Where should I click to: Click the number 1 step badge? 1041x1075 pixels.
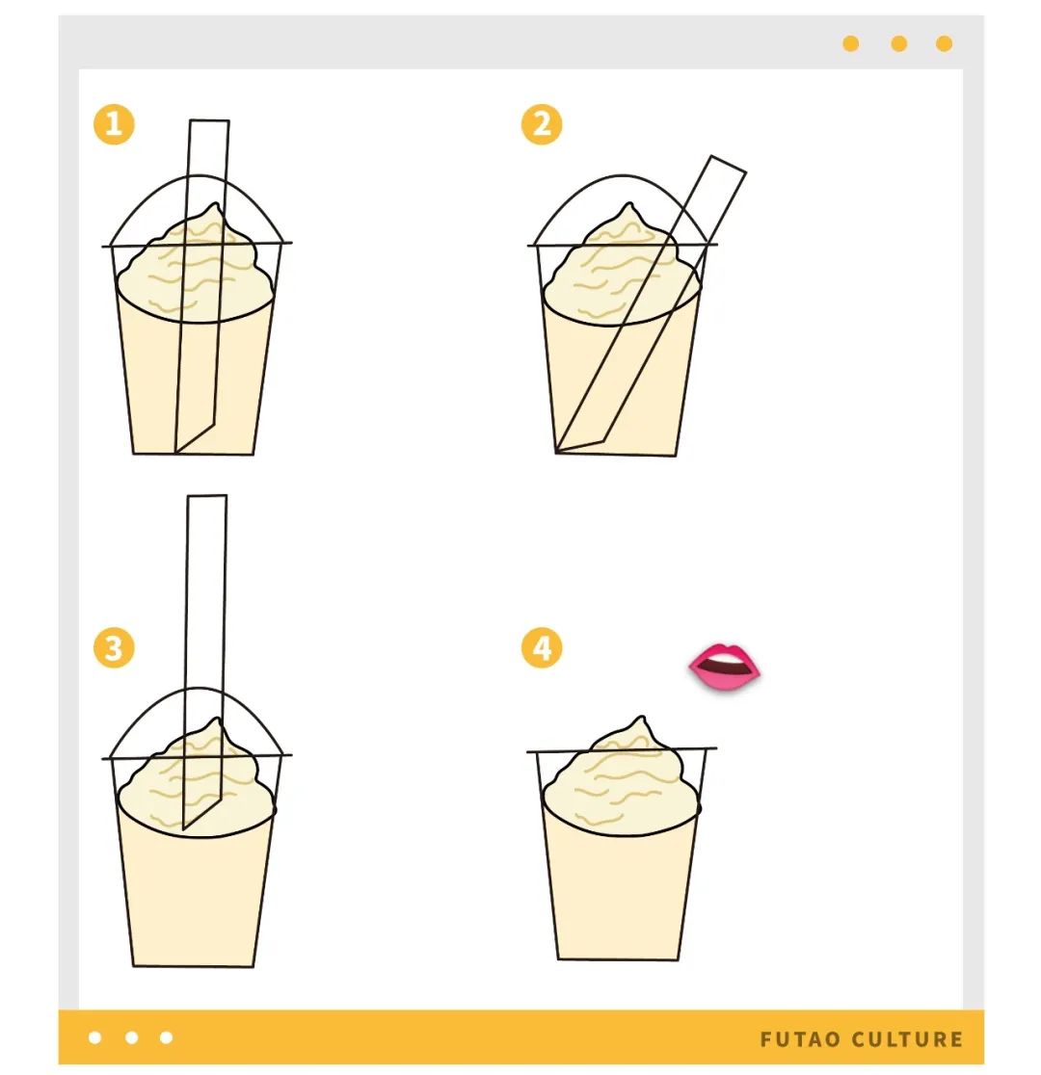[114, 124]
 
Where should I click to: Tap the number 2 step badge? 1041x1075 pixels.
[542, 124]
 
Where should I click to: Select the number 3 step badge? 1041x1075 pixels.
[114, 648]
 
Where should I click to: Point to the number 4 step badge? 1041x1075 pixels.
[542, 648]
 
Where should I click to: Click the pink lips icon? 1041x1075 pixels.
[725, 666]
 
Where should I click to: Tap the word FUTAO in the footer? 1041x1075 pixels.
[800, 1039]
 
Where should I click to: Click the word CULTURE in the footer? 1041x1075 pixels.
[907, 1039]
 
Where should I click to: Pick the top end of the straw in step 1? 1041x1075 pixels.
[209, 120]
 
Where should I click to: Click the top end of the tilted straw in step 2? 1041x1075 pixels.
[728, 164]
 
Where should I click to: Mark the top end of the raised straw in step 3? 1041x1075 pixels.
[206, 496]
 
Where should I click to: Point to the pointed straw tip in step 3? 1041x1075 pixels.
[183, 828]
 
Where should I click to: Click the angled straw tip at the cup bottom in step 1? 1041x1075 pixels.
[176, 452]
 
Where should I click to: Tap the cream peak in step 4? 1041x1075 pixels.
[642, 718]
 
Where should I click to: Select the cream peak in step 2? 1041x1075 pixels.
[628, 203]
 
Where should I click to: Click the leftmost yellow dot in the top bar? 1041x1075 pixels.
[850, 44]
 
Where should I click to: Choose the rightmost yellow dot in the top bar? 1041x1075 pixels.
[945, 44]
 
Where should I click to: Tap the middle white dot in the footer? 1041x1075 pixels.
[132, 1037]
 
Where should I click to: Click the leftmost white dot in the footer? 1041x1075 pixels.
[95, 1037]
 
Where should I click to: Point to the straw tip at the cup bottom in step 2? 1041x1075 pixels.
[556, 451]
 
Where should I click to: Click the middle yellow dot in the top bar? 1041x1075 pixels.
[898, 44]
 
